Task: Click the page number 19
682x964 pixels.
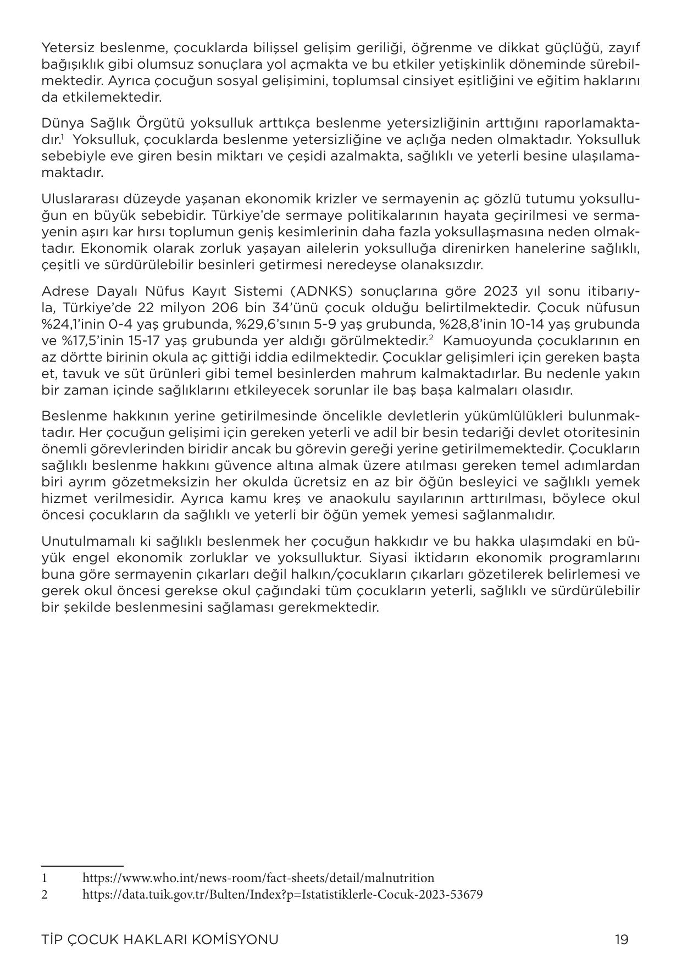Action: (622, 939)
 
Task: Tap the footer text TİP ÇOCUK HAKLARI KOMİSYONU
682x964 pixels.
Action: (160, 939)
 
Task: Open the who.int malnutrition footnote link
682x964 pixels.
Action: (258, 878)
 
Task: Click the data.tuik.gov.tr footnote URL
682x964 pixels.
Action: (282, 894)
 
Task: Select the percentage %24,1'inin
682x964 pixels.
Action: (72, 324)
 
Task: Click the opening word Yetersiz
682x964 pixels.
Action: (65, 48)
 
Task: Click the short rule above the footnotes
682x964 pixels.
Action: (82, 866)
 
